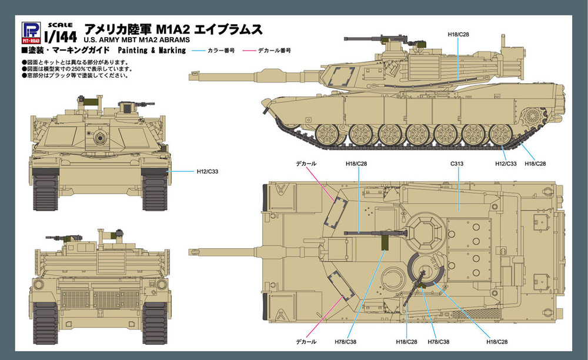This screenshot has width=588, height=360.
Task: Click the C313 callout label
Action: pyautogui.click(x=457, y=162)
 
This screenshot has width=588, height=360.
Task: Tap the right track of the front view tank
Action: pyautogui.click(x=154, y=191)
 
